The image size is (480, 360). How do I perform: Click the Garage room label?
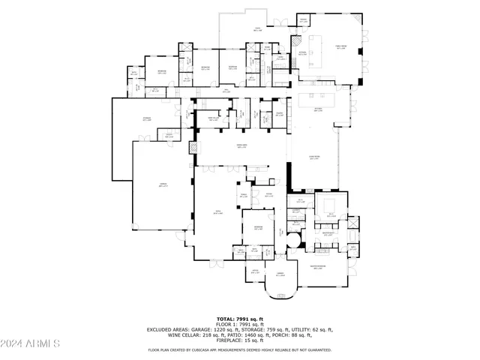(x=162, y=184)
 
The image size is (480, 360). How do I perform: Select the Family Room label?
(x=341, y=47)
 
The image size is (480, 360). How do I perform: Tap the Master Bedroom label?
(x=316, y=268)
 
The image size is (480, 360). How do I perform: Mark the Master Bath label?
(x=328, y=232)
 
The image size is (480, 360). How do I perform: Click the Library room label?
(x=280, y=274)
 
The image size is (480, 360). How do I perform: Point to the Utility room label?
(x=169, y=135)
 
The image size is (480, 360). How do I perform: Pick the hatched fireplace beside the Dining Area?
(x=193, y=148)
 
